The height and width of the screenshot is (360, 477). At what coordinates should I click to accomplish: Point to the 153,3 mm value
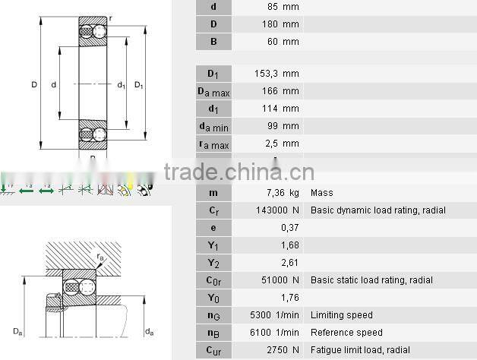tap(276, 74)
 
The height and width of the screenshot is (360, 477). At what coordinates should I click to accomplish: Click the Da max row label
tap(213, 92)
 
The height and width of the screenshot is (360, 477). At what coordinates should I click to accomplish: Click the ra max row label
tap(213, 144)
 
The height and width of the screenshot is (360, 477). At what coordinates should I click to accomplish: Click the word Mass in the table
tap(321, 193)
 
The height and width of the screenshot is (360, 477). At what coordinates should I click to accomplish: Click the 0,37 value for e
tap(290, 228)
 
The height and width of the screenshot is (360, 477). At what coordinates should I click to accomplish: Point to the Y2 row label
tap(213, 263)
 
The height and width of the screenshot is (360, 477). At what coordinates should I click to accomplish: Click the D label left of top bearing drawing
tap(34, 85)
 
